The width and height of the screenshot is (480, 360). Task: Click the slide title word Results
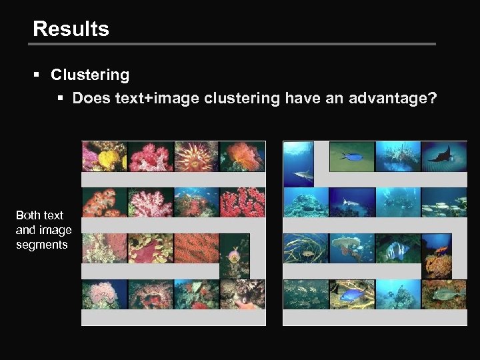[71, 29]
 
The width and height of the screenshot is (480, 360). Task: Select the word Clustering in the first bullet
[90, 75]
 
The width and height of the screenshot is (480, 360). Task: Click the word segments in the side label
[42, 245]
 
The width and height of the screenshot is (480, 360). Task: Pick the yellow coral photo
[104, 157]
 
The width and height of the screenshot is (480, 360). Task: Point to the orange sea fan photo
[196, 248]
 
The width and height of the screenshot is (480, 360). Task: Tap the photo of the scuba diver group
[398, 202]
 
